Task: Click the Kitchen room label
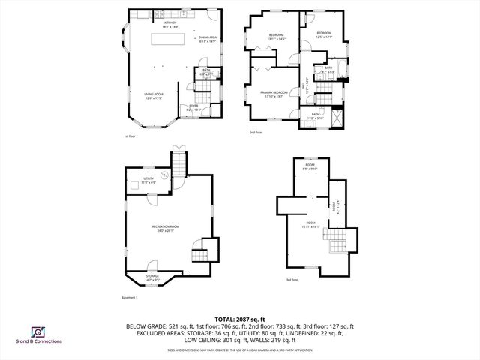tap(170, 24)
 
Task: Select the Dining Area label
tap(207, 39)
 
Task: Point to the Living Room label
tap(154, 95)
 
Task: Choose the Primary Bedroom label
tap(271, 93)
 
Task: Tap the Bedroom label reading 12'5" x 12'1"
tap(323, 35)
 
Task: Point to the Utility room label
tap(148, 180)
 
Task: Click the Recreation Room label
tap(165, 228)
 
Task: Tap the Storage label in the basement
tap(152, 277)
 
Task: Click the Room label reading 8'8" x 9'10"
tap(310, 166)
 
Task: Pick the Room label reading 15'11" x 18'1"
tap(310, 226)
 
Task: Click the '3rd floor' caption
tap(291, 280)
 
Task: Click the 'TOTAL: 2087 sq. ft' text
tap(239, 319)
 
